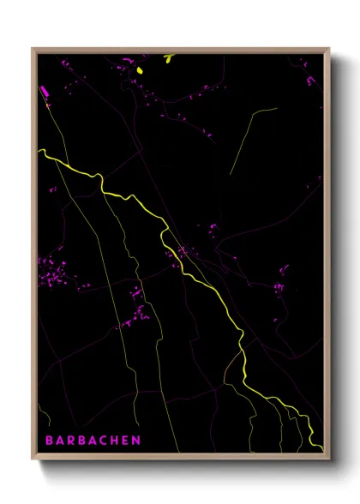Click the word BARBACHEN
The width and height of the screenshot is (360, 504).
pyautogui.click(x=93, y=441)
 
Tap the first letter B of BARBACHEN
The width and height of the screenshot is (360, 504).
pyautogui.click(x=48, y=441)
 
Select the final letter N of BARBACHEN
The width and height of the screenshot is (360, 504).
pyautogui.click(x=137, y=441)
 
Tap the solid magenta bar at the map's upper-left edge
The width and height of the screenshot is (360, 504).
pyautogui.click(x=44, y=90)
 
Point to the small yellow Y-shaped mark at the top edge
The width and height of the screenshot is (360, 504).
pyautogui.click(x=169, y=58)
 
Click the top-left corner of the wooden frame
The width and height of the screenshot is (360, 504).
pyautogui.click(x=33, y=49)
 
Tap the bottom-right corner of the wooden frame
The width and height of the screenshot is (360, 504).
pyautogui.click(x=329, y=457)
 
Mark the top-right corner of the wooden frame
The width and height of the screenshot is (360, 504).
pyautogui.click(x=329, y=49)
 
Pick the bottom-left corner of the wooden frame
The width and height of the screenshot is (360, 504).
pyautogui.click(x=33, y=457)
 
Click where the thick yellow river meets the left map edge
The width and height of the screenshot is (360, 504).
pyautogui.click(x=39, y=152)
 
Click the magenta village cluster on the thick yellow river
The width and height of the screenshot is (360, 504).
pyautogui.click(x=182, y=253)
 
